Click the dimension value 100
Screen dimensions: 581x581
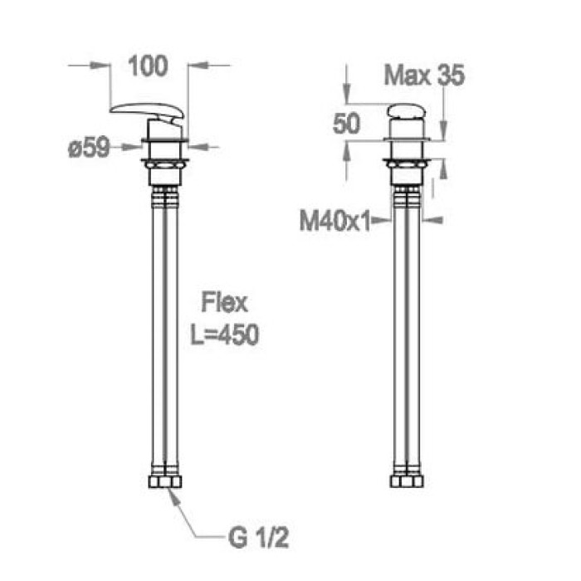148,66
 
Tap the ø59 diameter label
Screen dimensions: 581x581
89,148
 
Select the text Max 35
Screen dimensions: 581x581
424,76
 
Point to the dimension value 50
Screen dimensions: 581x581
346,124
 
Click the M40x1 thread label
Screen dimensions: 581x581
335,222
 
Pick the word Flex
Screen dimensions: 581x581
224,303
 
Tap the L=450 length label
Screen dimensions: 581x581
225,335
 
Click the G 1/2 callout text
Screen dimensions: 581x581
259,538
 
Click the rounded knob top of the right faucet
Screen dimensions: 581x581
407,111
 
